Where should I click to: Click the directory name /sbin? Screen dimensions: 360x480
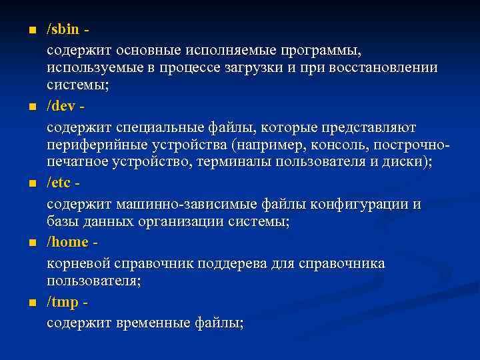pyautogui.click(x=63, y=30)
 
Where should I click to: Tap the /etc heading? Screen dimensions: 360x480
pyautogui.click(x=60, y=183)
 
